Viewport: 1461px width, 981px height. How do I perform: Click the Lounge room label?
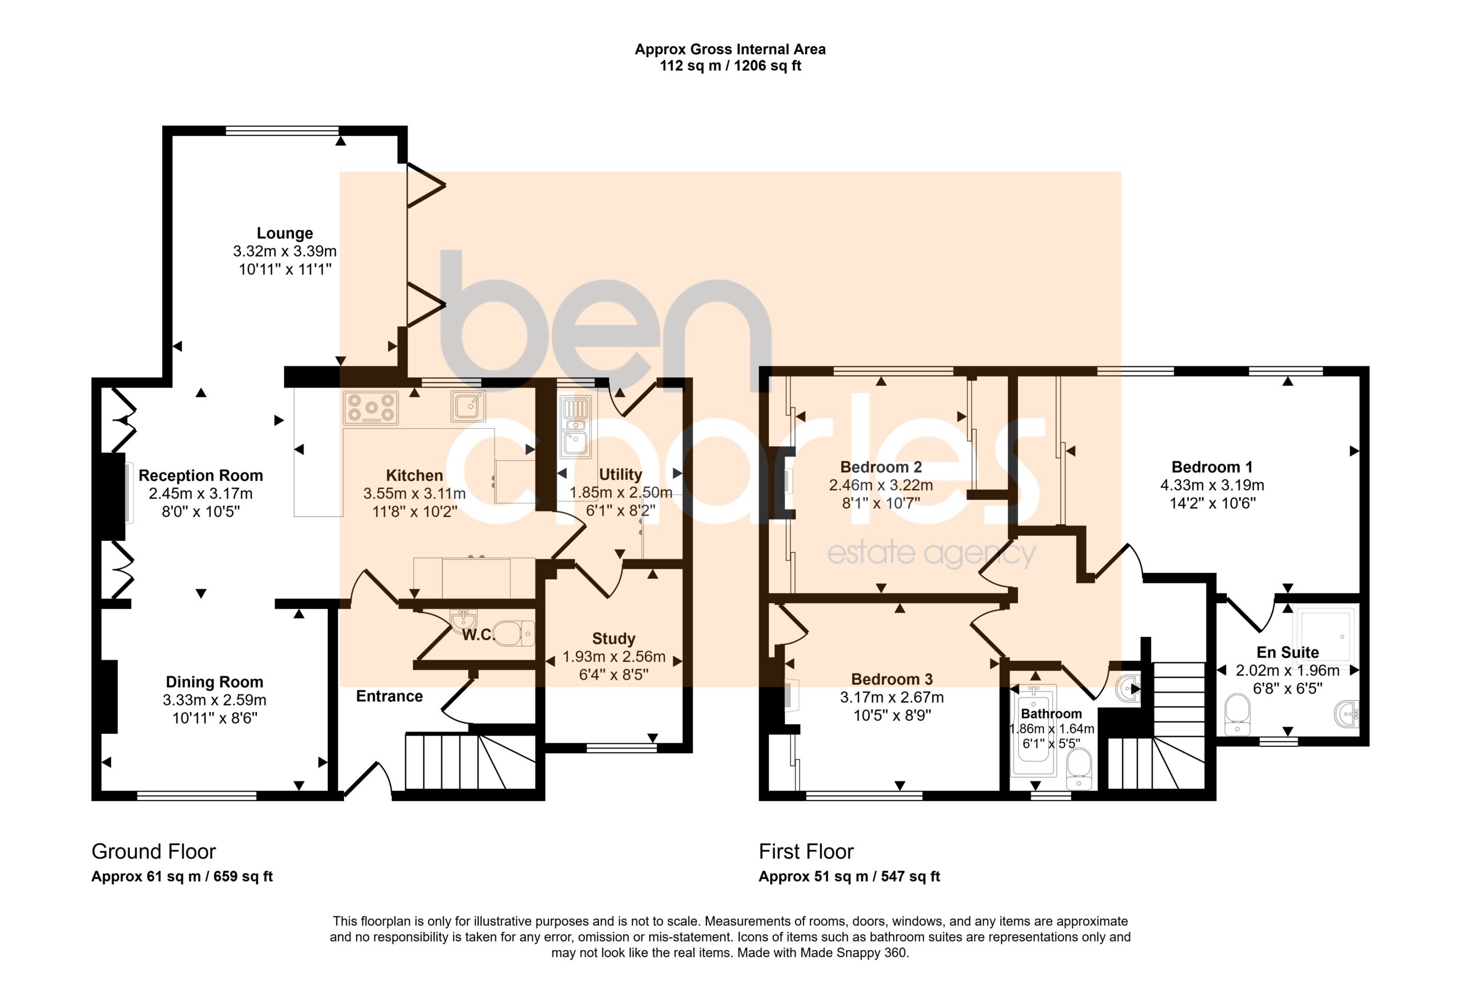pos(285,233)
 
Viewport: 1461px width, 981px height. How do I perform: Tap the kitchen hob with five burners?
pos(371,408)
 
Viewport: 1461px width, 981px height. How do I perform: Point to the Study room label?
pos(614,638)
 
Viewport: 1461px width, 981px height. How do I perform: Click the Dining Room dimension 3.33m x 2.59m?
pos(215,700)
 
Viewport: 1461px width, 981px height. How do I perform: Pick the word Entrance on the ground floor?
pos(389,696)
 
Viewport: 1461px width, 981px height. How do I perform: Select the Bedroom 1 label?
pos(1212,467)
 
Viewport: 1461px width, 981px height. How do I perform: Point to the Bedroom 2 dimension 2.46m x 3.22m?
pos(881,485)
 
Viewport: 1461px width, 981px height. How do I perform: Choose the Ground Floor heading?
pos(154,851)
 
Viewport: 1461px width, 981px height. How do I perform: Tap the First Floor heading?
pos(806,851)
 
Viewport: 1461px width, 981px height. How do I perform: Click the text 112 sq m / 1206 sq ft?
pos(730,66)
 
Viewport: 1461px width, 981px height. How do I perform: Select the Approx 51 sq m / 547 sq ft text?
pos(849,877)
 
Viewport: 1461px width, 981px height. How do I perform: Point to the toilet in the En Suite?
pos(1237,714)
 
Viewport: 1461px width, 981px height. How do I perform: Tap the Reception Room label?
pos(200,475)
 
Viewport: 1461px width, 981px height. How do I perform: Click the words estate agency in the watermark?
pos(931,553)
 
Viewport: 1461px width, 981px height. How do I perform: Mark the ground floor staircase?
pos(470,762)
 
